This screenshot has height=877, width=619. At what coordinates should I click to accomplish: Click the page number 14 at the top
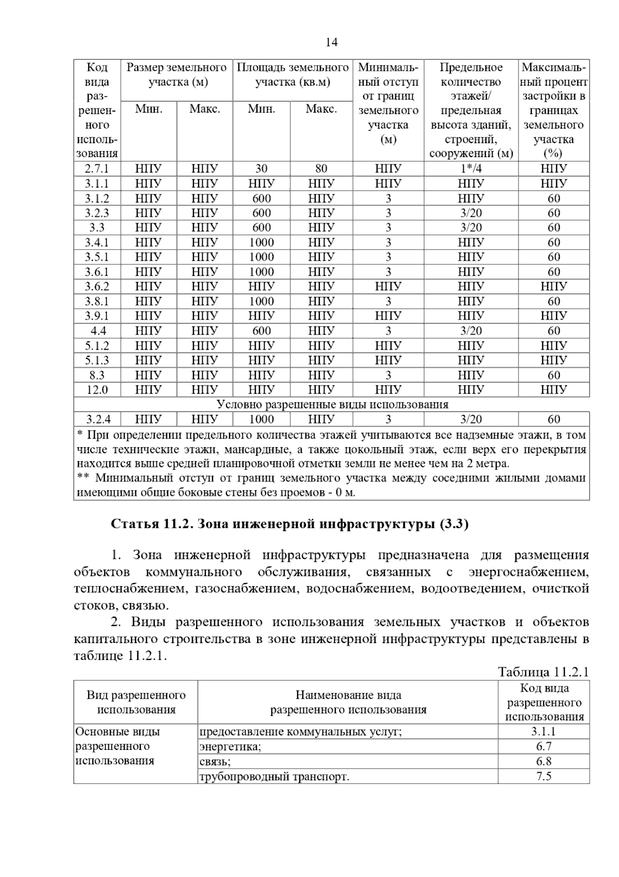coord(331,42)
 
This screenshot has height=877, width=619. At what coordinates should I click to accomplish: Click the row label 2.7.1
coord(97,169)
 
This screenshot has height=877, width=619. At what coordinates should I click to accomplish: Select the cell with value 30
coord(262,169)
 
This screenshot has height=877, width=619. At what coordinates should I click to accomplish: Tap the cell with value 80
coord(321,169)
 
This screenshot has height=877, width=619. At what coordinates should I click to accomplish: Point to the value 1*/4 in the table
coord(470,169)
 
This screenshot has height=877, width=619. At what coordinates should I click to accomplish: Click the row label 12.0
coord(97,390)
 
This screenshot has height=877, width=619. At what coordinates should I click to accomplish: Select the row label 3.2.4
coord(97,419)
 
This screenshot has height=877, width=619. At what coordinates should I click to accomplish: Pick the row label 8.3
coord(97,375)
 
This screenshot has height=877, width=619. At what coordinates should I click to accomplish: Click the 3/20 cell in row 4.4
coord(470,331)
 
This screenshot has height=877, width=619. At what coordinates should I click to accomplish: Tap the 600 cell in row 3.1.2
coord(262,198)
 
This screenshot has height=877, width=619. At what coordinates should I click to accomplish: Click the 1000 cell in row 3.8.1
coord(262,302)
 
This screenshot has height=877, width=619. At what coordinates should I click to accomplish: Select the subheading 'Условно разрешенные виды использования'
coord(332,404)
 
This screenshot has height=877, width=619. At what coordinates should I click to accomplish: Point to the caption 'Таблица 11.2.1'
coord(543,672)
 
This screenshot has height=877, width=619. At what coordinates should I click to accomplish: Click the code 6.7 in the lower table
coord(544,746)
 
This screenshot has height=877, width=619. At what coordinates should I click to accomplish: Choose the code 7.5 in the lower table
coord(544,776)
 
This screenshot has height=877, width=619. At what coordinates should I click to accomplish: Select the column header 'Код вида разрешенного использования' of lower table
coord(544,702)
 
